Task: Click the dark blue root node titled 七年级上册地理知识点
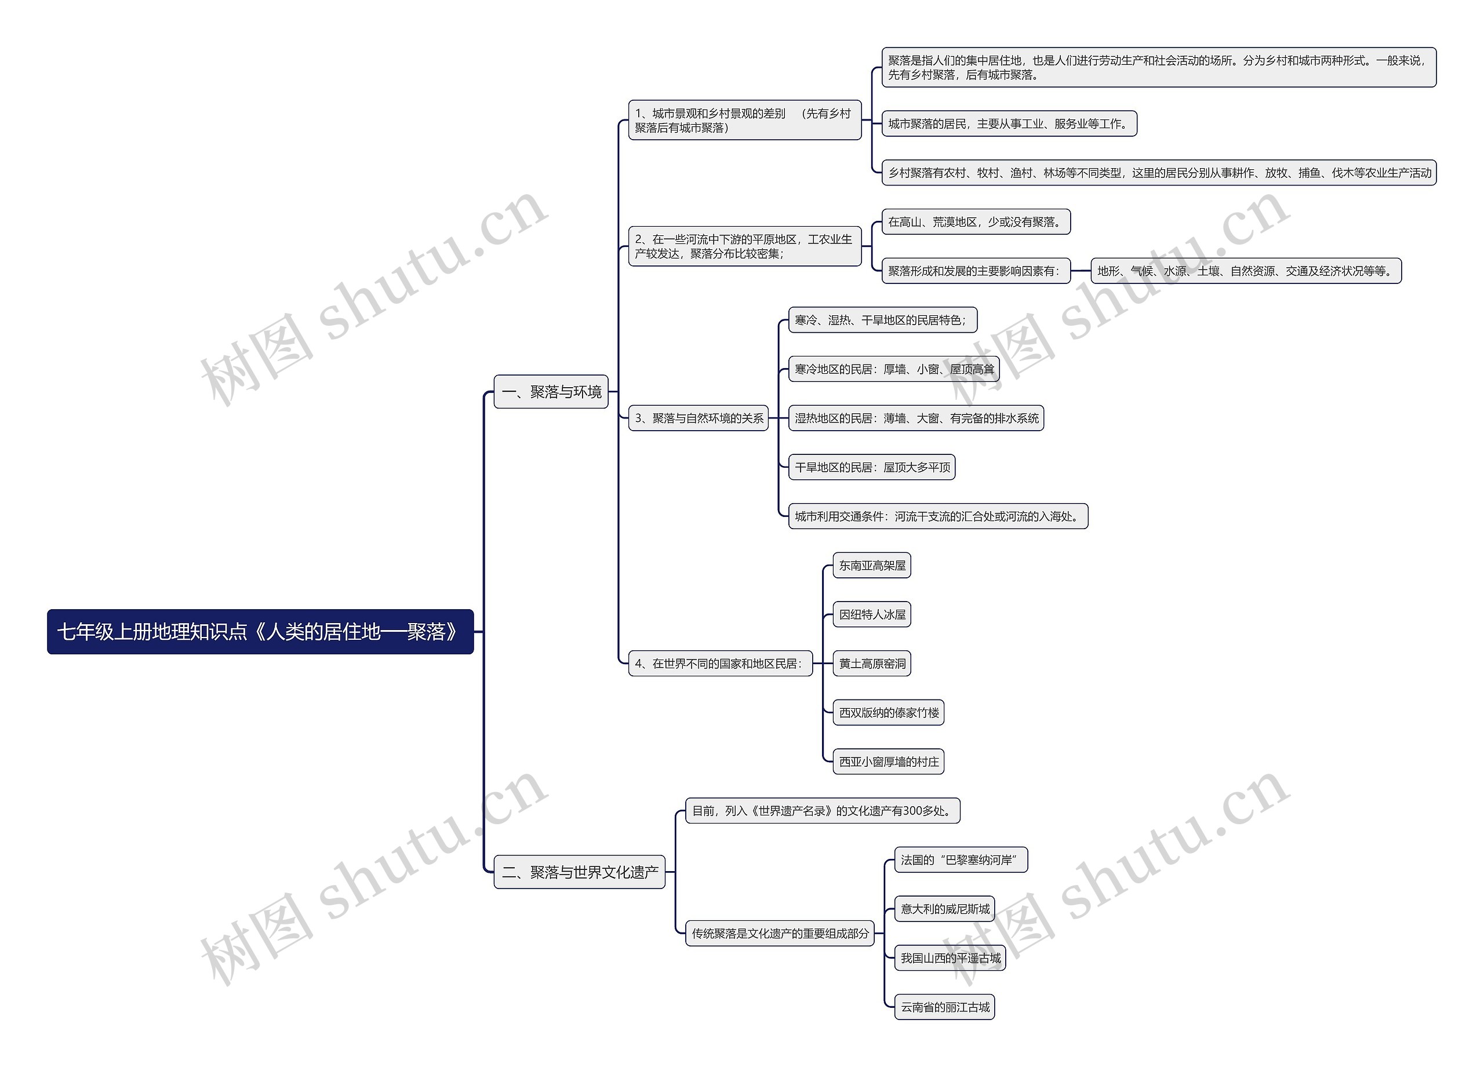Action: pyautogui.click(x=260, y=631)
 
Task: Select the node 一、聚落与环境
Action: pyautogui.click(x=551, y=392)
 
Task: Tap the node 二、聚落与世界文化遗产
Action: pyautogui.click(x=579, y=872)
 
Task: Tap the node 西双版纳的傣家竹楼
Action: pyautogui.click(x=888, y=712)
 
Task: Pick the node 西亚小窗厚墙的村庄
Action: pyautogui.click(x=888, y=762)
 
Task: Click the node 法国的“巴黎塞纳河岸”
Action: pyautogui.click(x=961, y=860)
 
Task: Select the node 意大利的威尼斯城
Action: pyautogui.click(x=944, y=909)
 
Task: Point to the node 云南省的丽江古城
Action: pyautogui.click(x=944, y=1007)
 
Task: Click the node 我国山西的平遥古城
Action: pyautogui.click(x=950, y=957)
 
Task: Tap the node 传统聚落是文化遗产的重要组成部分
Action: pyautogui.click(x=780, y=934)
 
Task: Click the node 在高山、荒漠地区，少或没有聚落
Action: pyautogui.click(x=976, y=222)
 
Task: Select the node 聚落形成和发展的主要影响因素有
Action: pyautogui.click(x=976, y=271)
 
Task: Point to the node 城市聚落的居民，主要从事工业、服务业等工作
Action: pyautogui.click(x=1009, y=123)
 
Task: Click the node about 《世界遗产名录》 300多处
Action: pyautogui.click(x=823, y=811)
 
